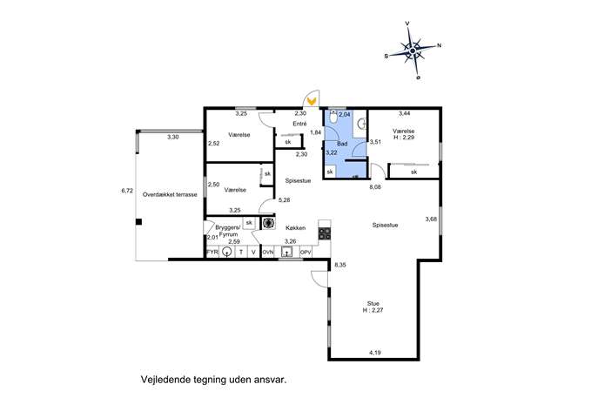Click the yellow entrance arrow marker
[312, 101]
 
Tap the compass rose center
[413, 51]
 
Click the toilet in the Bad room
[333, 118]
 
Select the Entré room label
[299, 124]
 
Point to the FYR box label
[212, 253]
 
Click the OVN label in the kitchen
[268, 253]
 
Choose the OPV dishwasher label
[306, 253]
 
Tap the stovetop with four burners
[325, 233]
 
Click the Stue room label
[373, 304]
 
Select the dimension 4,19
[375, 353]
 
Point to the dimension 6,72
[127, 191]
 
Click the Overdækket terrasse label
[170, 194]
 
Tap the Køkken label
[296, 228]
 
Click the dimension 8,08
[375, 187]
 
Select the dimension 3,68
[431, 219]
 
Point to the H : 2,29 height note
[404, 138]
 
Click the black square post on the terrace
[138, 222]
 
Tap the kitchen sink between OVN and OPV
[286, 252]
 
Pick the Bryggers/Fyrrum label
[228, 231]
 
